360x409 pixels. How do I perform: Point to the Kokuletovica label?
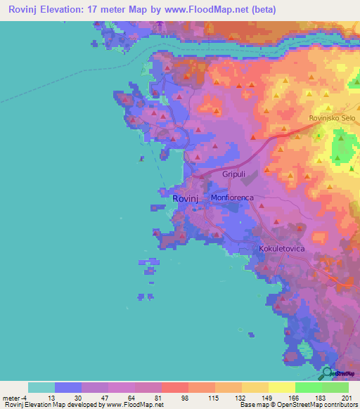[281, 249]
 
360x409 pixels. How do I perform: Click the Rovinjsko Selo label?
[333, 118]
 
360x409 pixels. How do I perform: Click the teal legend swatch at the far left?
[41, 387]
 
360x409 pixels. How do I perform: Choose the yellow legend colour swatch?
[281, 387]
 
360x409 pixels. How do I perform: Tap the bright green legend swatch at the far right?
[335, 387]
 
